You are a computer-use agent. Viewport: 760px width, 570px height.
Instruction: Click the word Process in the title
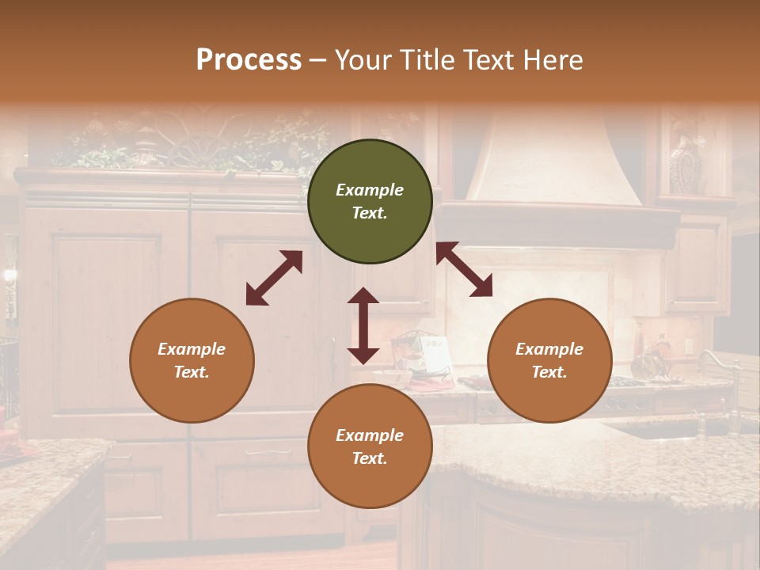[x=249, y=60]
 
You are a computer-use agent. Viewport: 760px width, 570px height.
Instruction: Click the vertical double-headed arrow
[x=363, y=325]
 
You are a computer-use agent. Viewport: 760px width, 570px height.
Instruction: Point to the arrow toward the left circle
[x=274, y=278]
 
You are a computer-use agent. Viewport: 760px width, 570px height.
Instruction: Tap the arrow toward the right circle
[x=464, y=270]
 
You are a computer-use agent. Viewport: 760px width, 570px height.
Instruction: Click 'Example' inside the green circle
[x=370, y=190]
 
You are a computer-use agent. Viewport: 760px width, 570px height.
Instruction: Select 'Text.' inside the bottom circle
[x=370, y=458]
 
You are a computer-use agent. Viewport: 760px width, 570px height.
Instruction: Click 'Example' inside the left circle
[x=192, y=349]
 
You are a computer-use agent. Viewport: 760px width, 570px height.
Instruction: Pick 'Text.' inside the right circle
[x=549, y=372]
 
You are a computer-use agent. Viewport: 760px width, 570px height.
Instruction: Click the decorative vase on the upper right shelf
[x=686, y=164]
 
